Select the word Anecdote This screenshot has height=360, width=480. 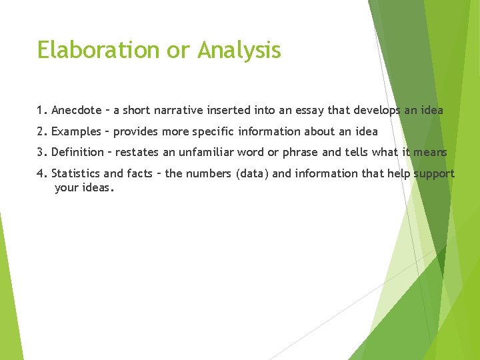(x=77, y=110)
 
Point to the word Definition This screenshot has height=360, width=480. (x=77, y=152)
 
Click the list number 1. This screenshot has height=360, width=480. (x=41, y=110)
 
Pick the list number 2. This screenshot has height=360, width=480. (x=41, y=131)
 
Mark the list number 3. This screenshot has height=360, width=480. (x=41, y=152)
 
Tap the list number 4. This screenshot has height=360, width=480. (x=41, y=173)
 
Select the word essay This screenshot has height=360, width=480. (x=309, y=110)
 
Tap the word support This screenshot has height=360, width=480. (x=434, y=174)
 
